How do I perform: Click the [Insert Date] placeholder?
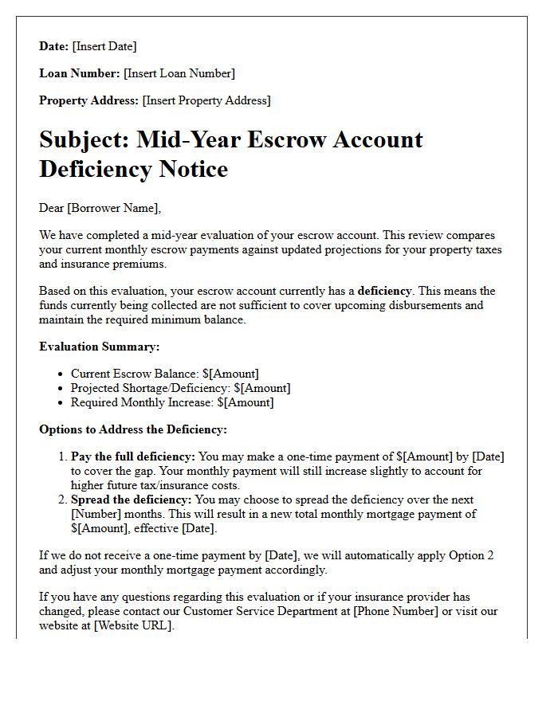(x=104, y=46)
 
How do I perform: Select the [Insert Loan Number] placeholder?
(x=179, y=73)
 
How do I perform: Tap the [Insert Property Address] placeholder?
(x=206, y=100)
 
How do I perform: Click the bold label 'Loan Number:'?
(x=80, y=73)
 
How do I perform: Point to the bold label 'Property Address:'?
(x=89, y=100)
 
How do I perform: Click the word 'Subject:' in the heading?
(x=84, y=140)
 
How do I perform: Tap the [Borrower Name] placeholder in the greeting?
(x=113, y=208)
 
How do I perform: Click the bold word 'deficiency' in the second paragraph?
(x=385, y=291)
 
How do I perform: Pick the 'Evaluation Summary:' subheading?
(x=100, y=347)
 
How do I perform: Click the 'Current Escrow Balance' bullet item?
(x=164, y=374)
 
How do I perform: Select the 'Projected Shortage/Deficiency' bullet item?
(x=180, y=388)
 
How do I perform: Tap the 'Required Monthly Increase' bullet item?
(x=171, y=402)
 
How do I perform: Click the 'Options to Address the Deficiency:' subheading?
(x=133, y=429)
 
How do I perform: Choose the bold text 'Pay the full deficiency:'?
(x=132, y=456)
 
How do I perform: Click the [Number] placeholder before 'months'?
(x=97, y=514)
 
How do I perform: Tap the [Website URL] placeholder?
(x=133, y=625)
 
